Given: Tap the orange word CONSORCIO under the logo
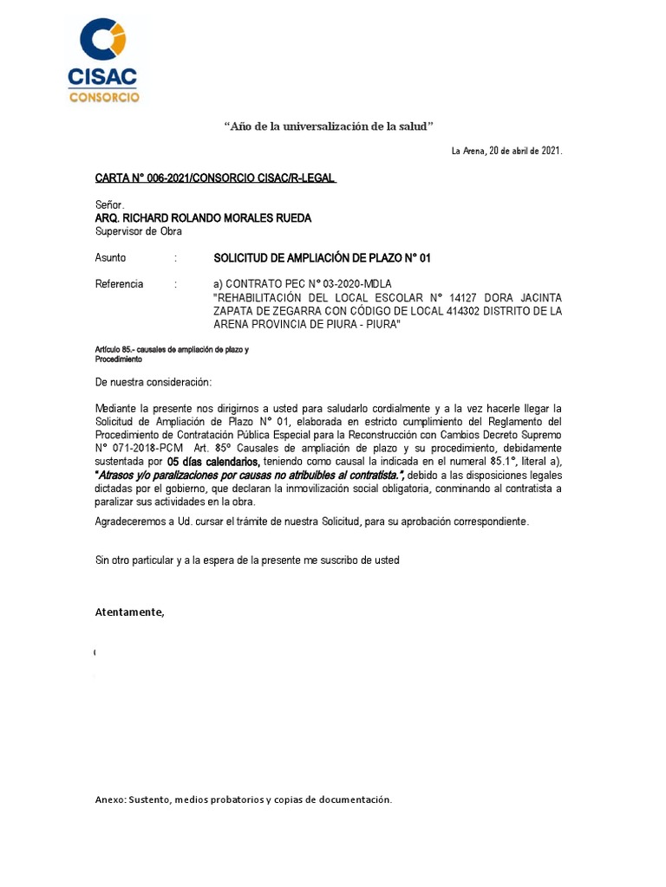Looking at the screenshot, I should point(103,97).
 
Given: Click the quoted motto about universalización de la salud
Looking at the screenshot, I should point(329,126).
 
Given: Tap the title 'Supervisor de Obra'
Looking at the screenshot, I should point(139,231).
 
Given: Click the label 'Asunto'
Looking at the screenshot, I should point(110,258).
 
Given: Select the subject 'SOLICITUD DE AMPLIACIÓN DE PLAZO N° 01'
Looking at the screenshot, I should point(322,258).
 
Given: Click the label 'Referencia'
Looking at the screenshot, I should point(119,284).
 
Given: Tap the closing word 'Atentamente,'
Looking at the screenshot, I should point(129,612).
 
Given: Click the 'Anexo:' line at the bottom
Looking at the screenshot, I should point(243,799).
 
